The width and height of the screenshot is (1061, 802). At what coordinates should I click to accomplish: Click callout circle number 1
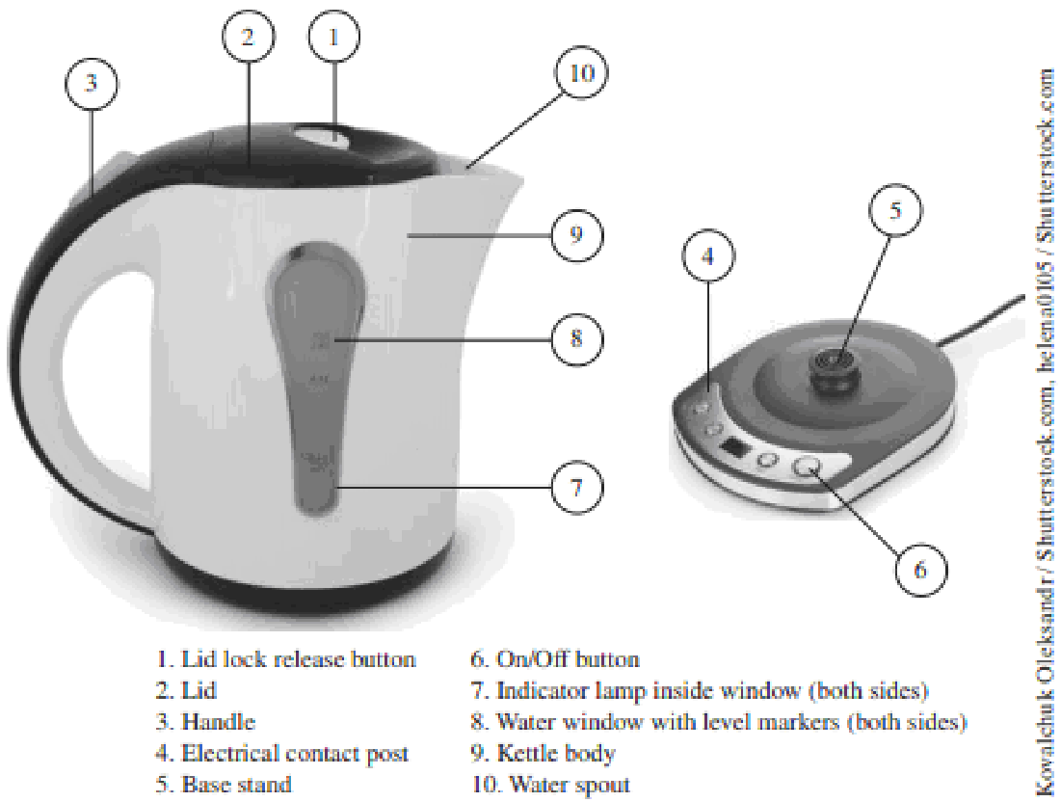tap(333, 39)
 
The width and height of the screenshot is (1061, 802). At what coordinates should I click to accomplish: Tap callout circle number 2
tap(249, 39)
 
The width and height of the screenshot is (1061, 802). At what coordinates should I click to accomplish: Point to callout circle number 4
tap(708, 258)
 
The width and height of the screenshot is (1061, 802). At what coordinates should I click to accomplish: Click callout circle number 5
tap(895, 211)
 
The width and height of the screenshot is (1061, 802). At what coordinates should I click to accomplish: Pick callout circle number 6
tap(920, 570)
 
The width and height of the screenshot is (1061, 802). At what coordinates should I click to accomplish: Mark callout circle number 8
tap(576, 338)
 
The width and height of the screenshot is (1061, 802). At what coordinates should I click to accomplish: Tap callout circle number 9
tap(576, 235)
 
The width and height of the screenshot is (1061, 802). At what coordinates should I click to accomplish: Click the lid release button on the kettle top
tap(325, 136)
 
